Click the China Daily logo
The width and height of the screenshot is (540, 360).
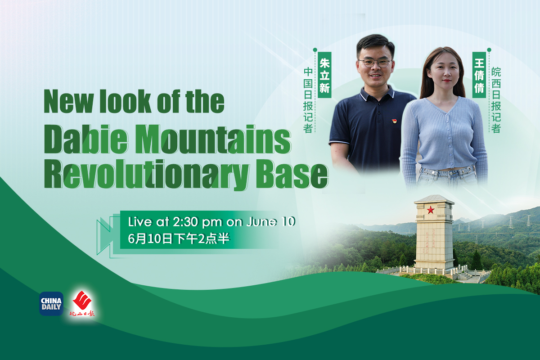tap(51, 304)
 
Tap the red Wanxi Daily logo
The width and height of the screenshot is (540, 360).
tap(82, 304)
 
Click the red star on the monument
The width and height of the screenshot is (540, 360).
tap(431, 210)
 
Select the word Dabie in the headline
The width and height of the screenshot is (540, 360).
tap(86, 139)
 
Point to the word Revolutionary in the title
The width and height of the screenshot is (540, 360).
tap(147, 175)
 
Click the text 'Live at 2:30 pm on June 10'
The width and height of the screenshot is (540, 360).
tap(211, 221)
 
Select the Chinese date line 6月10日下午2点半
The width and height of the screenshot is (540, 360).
tap(179, 238)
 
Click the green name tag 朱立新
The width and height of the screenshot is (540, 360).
tap(324, 75)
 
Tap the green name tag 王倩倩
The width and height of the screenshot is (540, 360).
tap(479, 75)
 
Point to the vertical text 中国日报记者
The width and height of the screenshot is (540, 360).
tap(308, 100)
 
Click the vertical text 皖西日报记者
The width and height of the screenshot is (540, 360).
tap(496, 100)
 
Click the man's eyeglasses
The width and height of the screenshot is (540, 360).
tap(375, 63)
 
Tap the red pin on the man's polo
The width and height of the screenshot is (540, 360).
tap(394, 121)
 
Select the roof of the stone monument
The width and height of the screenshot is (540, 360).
tap(434, 199)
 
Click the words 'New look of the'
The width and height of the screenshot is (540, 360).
tap(134, 101)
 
